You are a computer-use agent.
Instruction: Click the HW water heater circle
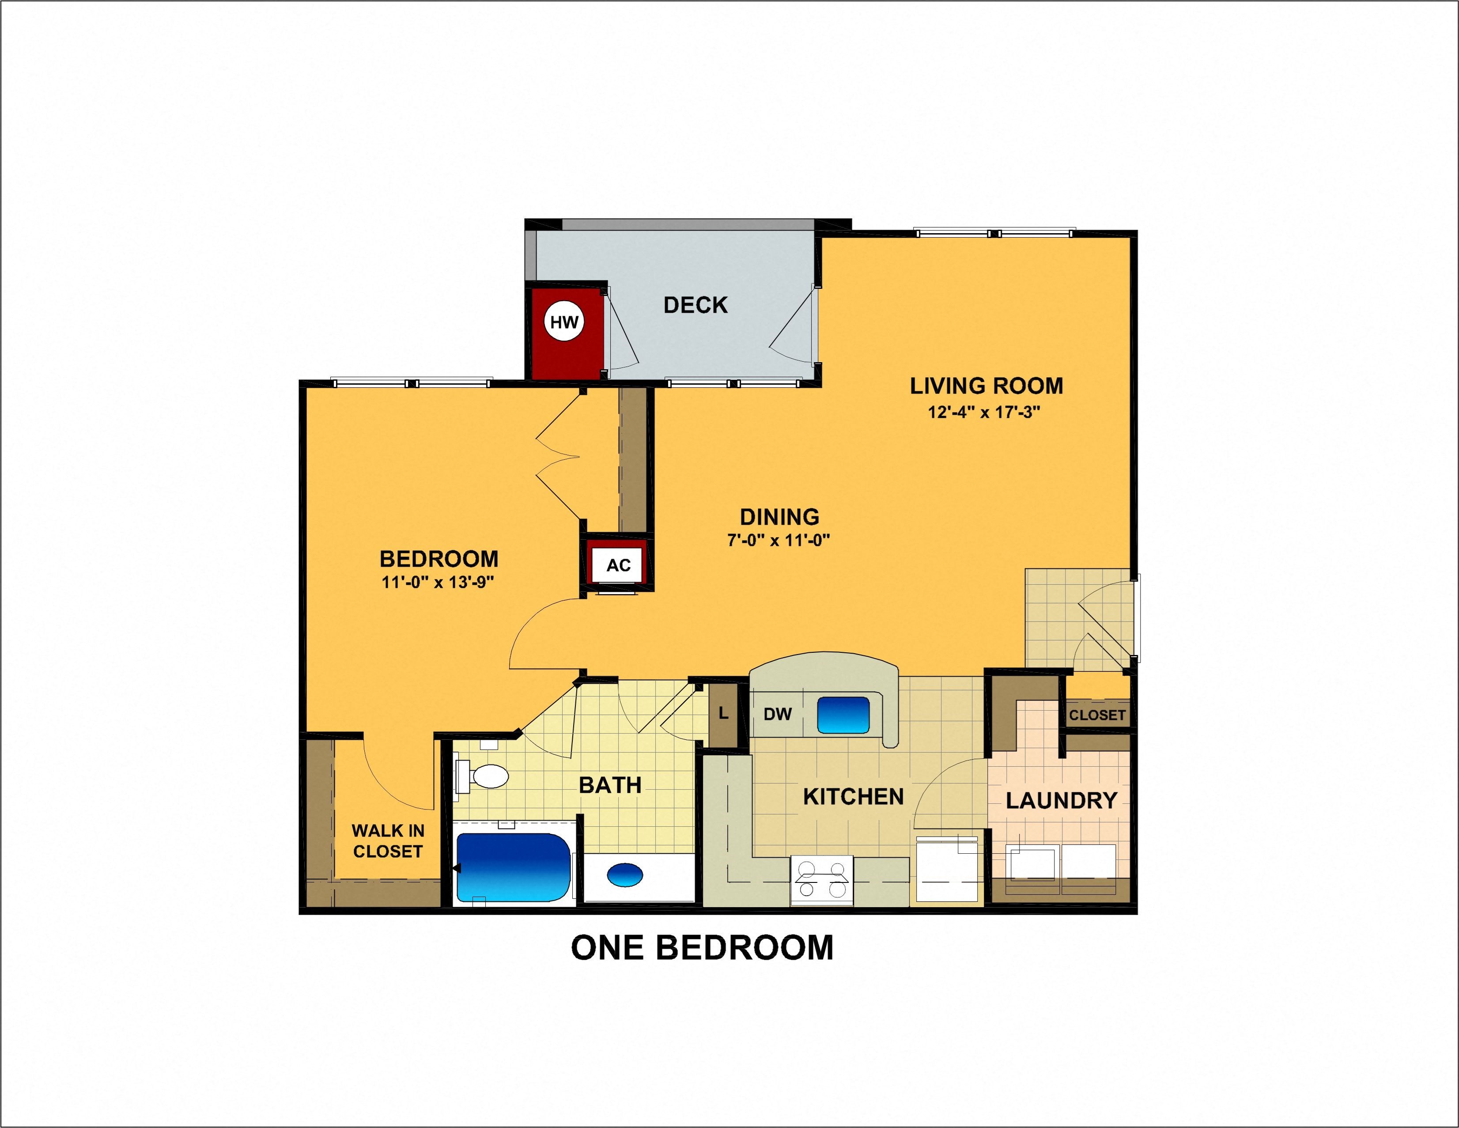tap(564, 322)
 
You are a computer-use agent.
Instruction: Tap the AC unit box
tap(618, 565)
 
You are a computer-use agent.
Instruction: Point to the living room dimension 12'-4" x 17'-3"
tap(984, 413)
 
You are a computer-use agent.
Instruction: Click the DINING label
tap(779, 517)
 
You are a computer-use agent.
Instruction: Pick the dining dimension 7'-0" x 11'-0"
tap(778, 540)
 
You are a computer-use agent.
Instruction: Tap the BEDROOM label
tap(439, 559)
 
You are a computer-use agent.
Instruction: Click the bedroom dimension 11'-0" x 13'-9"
tap(438, 582)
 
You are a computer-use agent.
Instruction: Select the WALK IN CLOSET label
tap(387, 840)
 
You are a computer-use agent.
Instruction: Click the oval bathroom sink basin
tap(625, 874)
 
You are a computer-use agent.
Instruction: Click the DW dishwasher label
tap(778, 714)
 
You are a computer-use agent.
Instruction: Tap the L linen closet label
tap(723, 714)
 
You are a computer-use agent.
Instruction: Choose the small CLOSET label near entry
tap(1097, 715)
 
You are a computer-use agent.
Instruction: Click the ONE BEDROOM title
tap(702, 947)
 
